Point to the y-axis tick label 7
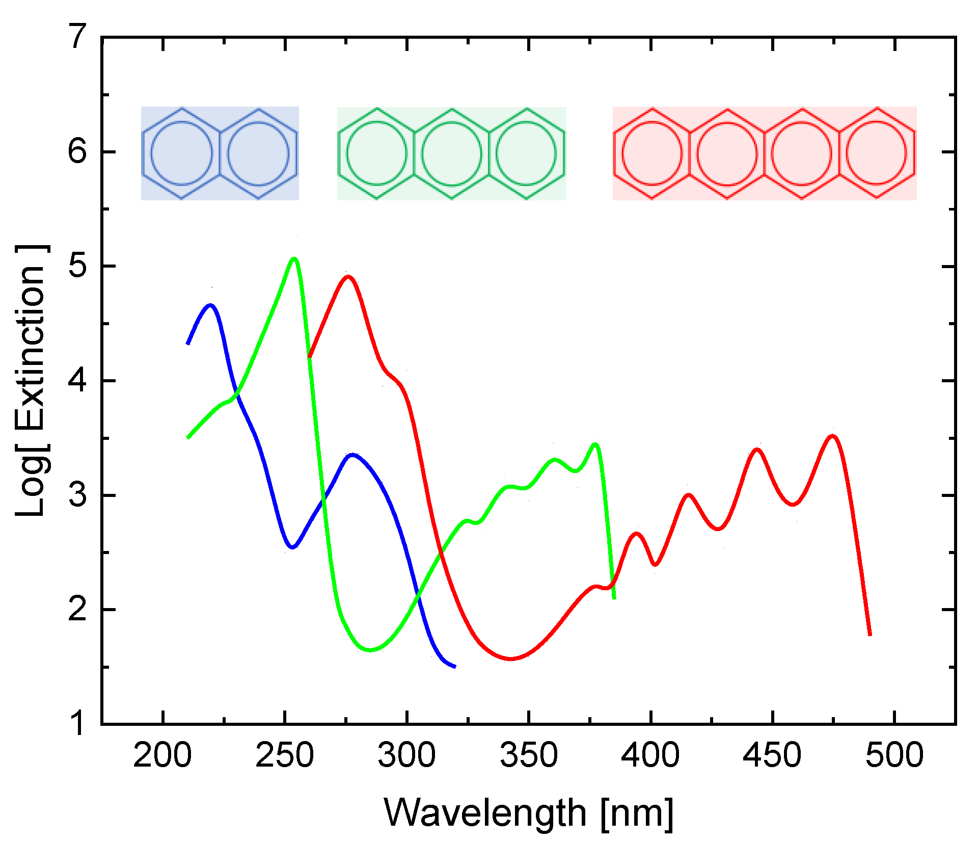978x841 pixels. click(78, 37)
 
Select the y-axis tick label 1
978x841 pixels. click(78, 723)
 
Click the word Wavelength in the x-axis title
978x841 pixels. click(484, 812)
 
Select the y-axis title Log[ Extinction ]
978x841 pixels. click(32, 380)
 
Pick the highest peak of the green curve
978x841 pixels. click(294, 259)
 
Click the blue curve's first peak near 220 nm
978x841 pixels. click(211, 305)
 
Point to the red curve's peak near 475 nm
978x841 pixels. click(832, 436)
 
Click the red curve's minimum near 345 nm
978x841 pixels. click(511, 659)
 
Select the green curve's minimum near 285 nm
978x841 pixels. click(370, 650)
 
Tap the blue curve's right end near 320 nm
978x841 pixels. click(454, 666)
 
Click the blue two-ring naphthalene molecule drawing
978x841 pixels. click(220, 153)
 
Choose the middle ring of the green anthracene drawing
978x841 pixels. click(452, 153)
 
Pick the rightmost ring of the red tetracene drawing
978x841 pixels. click(877, 153)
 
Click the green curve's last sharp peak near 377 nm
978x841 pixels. click(595, 444)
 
